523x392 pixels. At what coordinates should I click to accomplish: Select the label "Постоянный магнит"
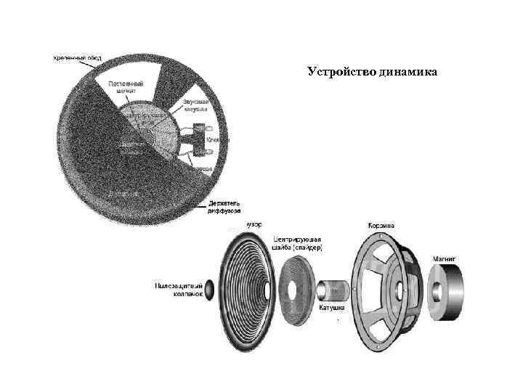pyautogui.click(x=125, y=88)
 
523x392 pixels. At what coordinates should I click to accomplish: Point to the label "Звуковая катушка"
pyautogui.click(x=194, y=106)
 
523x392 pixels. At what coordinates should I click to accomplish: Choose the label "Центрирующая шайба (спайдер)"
pyautogui.click(x=298, y=243)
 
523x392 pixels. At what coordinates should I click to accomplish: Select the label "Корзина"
pyautogui.click(x=381, y=225)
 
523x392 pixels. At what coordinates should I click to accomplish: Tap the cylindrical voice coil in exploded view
pyautogui.click(x=334, y=289)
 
